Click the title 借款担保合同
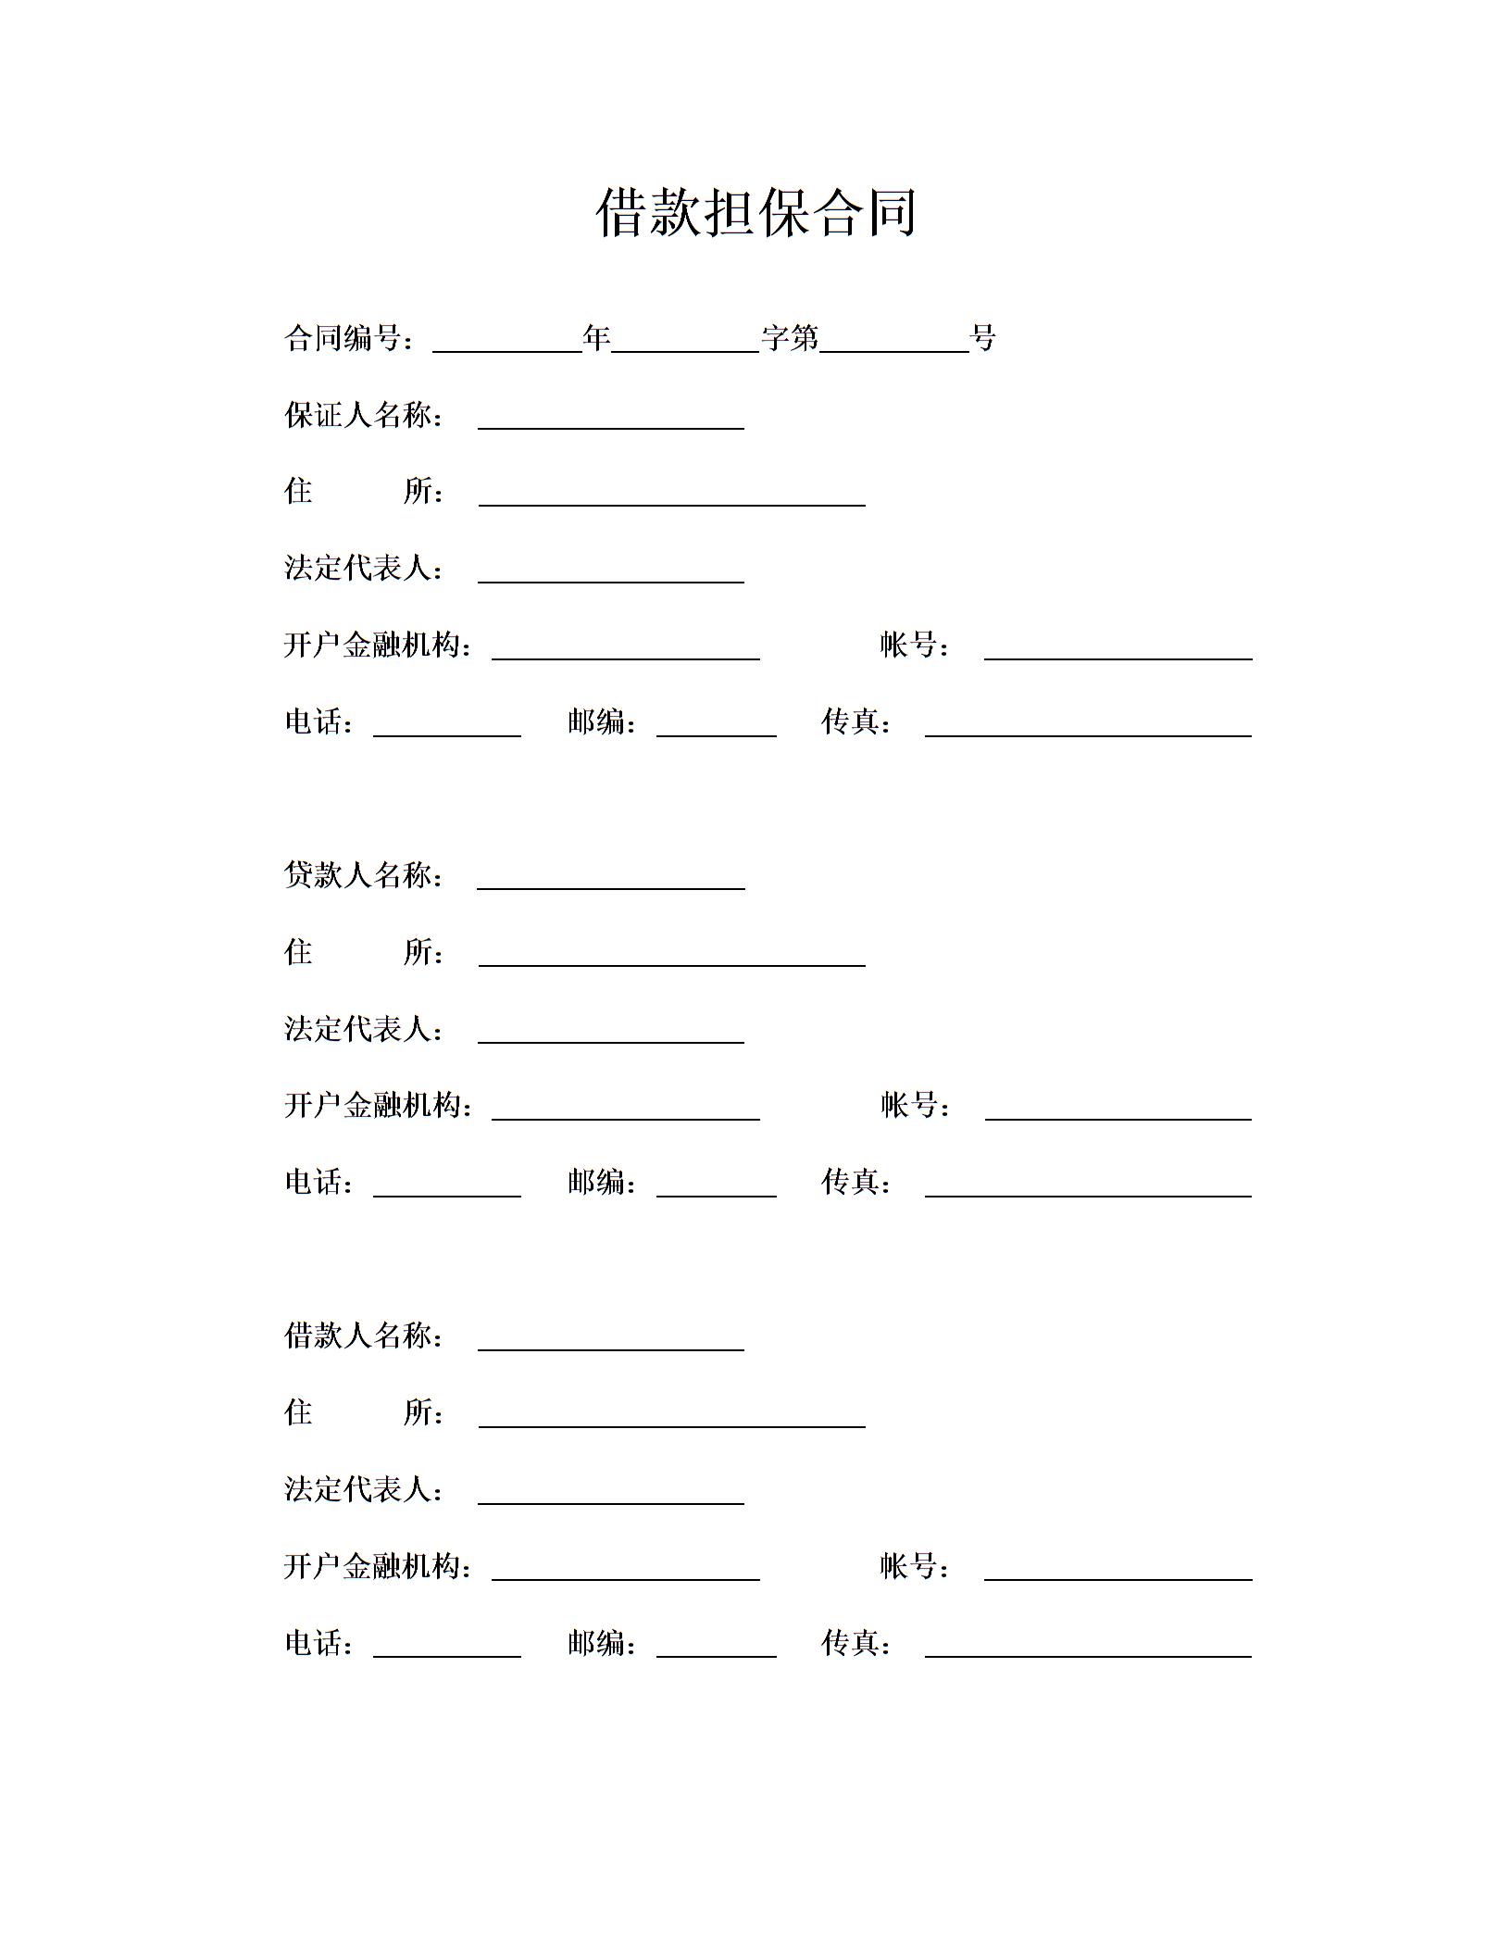point(755,212)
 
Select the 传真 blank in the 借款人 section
point(1088,1649)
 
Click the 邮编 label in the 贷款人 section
point(601,1182)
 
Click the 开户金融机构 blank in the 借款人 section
point(625,1572)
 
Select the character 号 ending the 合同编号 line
point(983,339)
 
